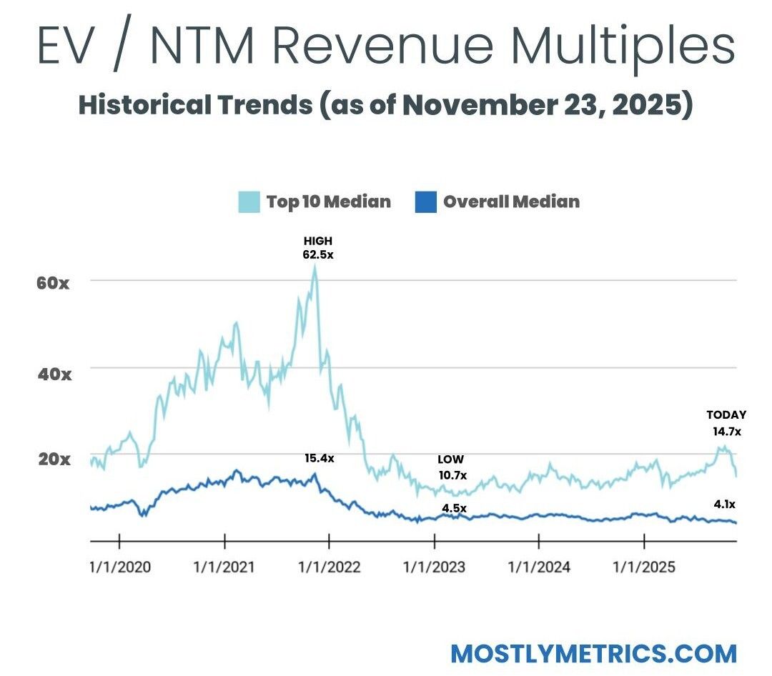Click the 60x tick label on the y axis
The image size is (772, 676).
pos(54,282)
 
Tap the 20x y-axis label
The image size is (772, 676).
pos(54,459)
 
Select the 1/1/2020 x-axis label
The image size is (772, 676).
pos(119,567)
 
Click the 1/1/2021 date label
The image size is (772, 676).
pos(224,567)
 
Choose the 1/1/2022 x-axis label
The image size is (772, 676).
pos(330,567)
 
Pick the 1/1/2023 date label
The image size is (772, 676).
pos(434,567)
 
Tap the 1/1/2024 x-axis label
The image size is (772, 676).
pos(539,567)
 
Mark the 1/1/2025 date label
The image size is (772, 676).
pos(644,567)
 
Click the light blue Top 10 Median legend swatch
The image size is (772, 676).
pos(249,202)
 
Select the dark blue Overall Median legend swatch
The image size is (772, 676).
pos(425,202)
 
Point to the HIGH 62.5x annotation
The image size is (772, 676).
pos(317,247)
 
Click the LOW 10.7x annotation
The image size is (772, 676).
pos(451,467)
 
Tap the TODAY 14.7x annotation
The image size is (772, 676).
pos(726,423)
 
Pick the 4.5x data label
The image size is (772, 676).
pos(453,508)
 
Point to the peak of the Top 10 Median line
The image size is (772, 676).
pos(315,267)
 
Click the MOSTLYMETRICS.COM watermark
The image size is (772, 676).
pos(593,653)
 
